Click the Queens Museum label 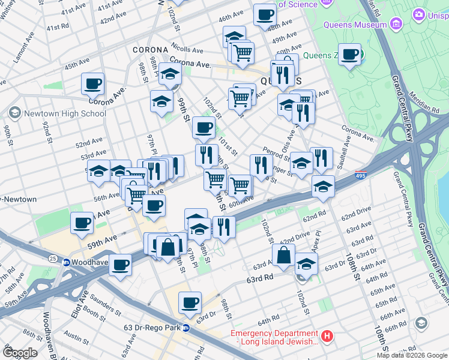tap(355, 25)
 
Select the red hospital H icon tap(327, 337)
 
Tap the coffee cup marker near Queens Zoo tap(349, 55)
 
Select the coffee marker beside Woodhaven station tap(120, 264)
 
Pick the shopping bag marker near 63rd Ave tap(283, 255)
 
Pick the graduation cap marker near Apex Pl tap(306, 263)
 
